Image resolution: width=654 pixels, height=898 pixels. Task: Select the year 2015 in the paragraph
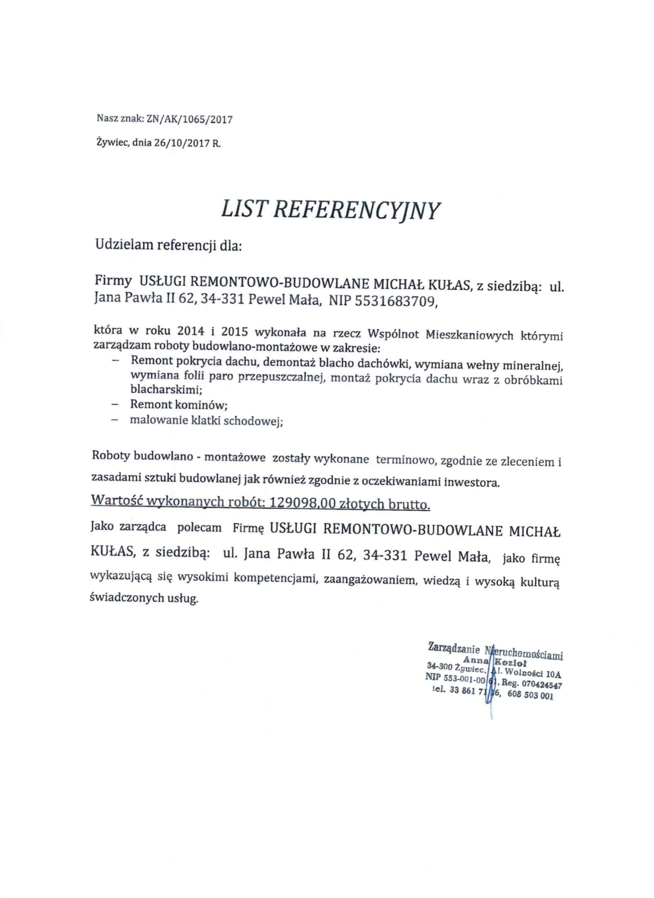[236, 332]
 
